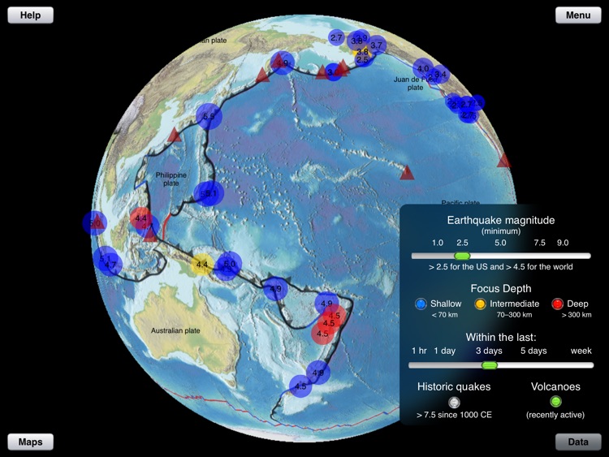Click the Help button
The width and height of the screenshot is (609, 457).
[30, 15]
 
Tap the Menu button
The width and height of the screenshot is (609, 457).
[578, 15]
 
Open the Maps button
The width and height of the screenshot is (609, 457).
[30, 442]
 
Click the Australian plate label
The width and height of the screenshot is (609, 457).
[175, 330]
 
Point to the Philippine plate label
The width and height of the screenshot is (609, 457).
[171, 179]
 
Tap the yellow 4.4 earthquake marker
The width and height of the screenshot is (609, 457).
[202, 264]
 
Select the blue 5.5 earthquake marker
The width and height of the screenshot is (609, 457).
[209, 117]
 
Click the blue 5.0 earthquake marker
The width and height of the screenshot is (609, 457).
[229, 263]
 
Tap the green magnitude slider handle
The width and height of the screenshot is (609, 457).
[462, 256]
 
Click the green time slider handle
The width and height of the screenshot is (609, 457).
[489, 364]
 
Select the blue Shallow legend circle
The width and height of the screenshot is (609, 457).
[421, 304]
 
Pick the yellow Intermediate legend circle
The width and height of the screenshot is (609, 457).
[481, 304]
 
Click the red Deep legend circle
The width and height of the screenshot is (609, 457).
[557, 304]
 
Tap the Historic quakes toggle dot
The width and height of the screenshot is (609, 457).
[454, 401]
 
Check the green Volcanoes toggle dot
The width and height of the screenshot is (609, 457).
[555, 401]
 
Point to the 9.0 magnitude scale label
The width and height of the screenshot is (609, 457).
[562, 243]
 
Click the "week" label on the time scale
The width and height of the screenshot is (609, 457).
[581, 351]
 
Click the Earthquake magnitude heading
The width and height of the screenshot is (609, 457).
[500, 220]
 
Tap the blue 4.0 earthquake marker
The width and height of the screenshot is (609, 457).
[423, 68]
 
